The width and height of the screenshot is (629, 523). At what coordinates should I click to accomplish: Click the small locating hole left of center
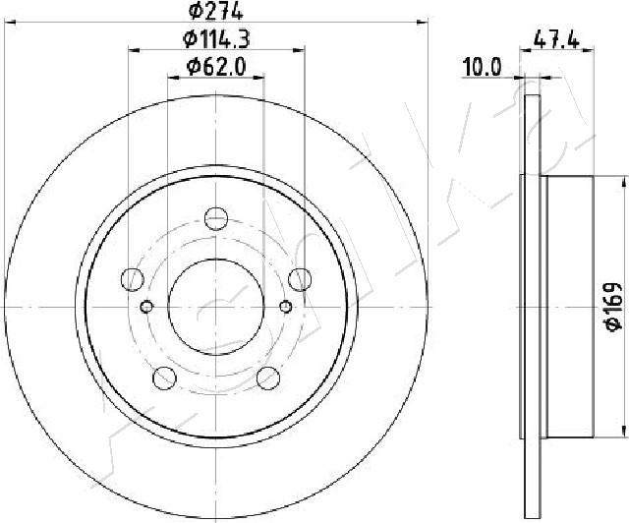146,306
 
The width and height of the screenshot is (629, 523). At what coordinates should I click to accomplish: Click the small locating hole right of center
285,306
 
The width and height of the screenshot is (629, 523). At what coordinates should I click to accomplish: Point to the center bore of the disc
215,306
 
